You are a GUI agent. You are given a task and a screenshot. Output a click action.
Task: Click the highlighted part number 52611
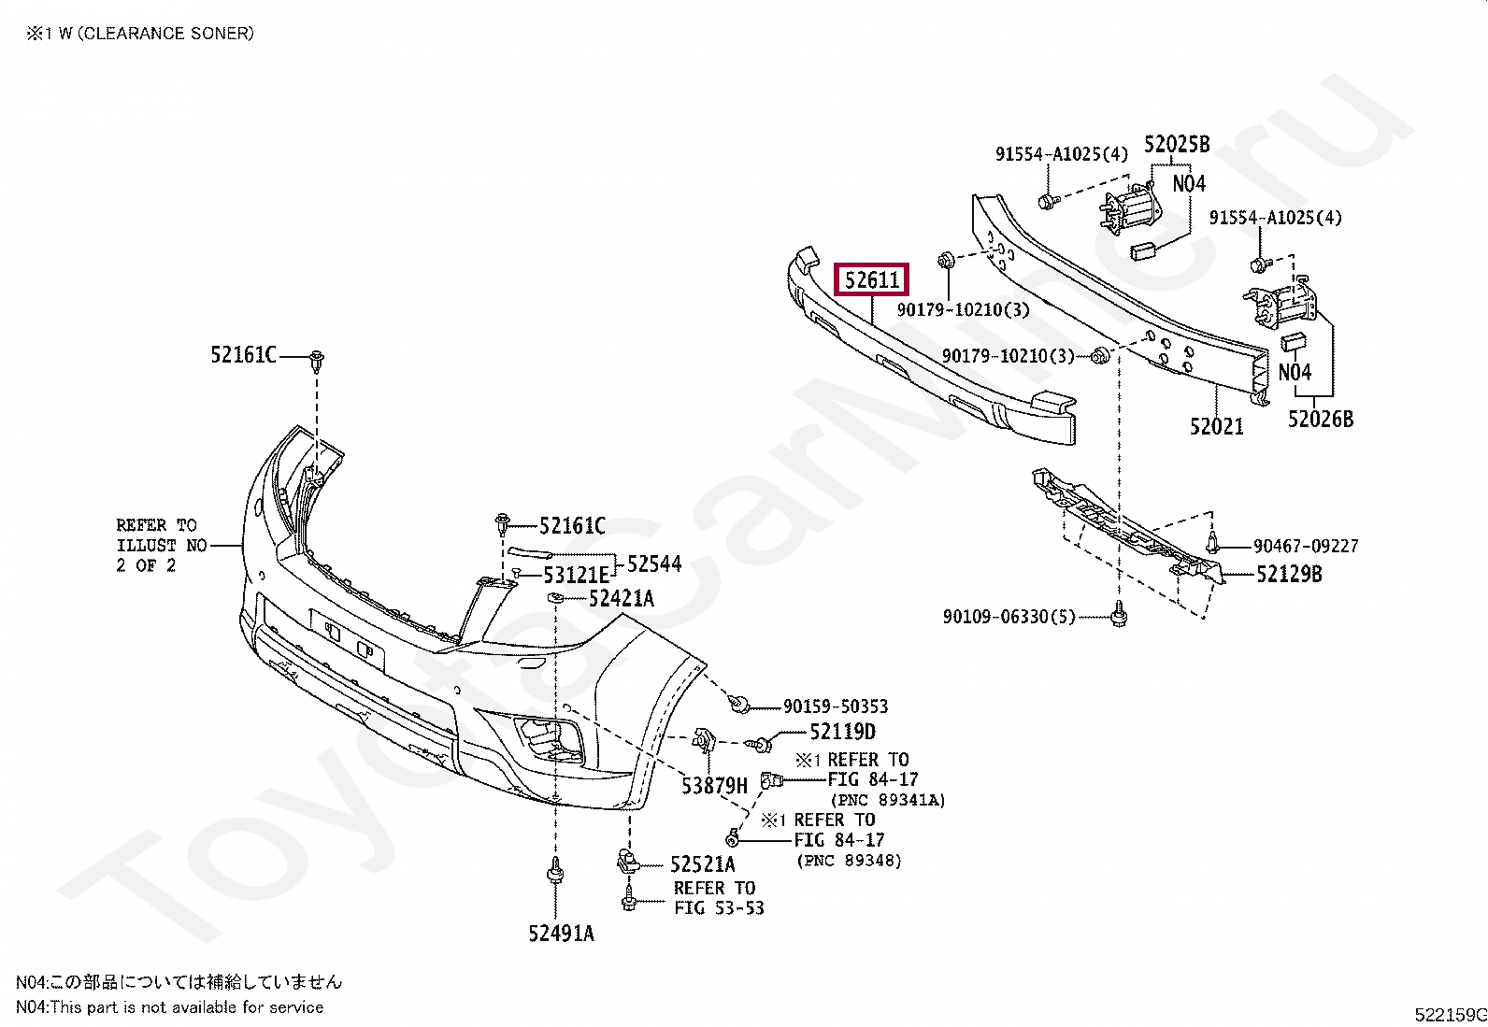click(871, 279)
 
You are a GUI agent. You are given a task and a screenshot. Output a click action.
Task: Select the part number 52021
click(1216, 427)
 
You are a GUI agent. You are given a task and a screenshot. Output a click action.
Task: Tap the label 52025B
click(1177, 145)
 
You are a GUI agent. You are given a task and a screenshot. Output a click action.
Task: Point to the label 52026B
click(1320, 420)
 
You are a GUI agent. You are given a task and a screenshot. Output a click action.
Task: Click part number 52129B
click(1289, 575)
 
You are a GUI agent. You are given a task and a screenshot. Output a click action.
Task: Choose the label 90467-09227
click(1306, 546)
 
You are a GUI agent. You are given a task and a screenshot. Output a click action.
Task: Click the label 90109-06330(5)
click(1009, 617)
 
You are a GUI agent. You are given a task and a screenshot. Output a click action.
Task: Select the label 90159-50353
click(836, 706)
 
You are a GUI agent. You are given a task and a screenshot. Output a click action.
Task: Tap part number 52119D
click(842, 732)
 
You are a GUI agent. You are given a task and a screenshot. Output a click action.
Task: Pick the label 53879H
click(714, 786)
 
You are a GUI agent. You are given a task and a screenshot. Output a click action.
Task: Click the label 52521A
click(702, 864)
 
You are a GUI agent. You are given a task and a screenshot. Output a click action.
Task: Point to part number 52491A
click(561, 933)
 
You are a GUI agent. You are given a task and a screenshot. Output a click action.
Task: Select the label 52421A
click(621, 599)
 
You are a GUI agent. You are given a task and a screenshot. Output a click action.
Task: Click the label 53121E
click(576, 575)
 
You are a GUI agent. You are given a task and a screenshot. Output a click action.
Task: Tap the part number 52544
click(654, 563)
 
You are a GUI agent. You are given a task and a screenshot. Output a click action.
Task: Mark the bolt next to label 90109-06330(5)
click(1119, 616)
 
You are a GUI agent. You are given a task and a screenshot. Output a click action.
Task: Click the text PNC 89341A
click(888, 800)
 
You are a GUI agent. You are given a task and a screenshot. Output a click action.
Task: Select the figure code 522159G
click(1450, 1015)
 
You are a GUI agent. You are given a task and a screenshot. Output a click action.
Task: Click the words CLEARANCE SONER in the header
click(165, 34)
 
